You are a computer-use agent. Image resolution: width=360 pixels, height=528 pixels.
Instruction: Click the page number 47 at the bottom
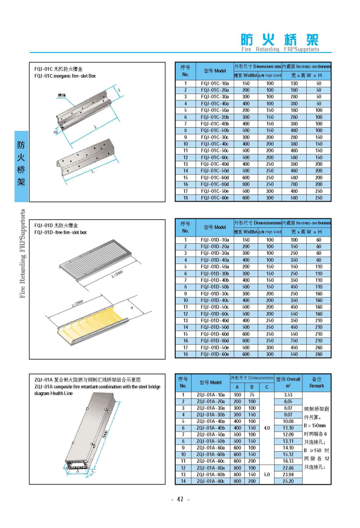pos(180,499)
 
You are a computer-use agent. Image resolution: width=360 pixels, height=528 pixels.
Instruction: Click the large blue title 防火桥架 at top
pos(279,40)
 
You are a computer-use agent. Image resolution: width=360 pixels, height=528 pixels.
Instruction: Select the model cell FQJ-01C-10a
pos(215,84)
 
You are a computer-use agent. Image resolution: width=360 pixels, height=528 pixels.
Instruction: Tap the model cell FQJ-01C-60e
pos(215,197)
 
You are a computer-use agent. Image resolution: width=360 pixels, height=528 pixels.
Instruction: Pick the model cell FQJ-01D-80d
pos(215,340)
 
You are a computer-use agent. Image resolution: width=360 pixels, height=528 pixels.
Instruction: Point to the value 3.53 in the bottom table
pos(288,395)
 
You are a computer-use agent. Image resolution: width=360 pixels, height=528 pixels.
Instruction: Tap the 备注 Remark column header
pos(316,382)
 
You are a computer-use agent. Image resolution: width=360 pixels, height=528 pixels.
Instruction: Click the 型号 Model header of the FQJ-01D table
pos(215,227)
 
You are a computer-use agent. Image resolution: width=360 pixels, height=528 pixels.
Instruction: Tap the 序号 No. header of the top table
pos(185,71)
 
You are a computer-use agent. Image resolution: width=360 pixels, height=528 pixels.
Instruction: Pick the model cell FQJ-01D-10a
pos(215,240)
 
